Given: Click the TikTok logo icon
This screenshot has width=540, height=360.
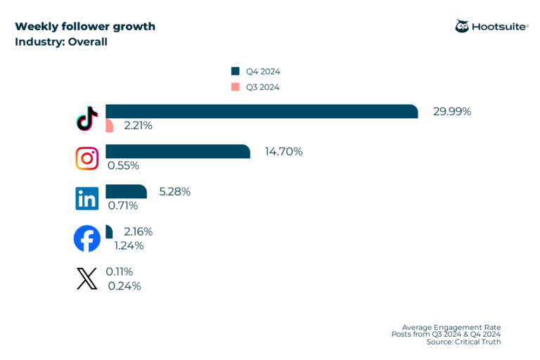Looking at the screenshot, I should tap(86, 119).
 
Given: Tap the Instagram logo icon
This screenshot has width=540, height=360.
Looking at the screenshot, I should tap(87, 159).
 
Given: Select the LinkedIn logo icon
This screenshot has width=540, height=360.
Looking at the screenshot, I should tap(87, 199).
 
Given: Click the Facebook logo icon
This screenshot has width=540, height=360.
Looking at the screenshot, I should tap(87, 239).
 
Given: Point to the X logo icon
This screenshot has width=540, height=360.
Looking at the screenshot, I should tap(87, 279).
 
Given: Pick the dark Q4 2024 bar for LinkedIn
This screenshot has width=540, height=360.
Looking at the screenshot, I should tap(126, 192).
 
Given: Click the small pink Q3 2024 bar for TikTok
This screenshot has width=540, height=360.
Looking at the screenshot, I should tap(109, 126).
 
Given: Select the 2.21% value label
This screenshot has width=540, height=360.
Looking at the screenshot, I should tap(138, 126).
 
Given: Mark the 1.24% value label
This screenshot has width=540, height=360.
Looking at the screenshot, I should tap(129, 245).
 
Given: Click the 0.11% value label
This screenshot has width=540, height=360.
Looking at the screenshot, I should tap(120, 271).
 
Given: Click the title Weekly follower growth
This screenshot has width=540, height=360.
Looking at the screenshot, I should tap(85, 27).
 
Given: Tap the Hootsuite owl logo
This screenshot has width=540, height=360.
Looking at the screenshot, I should tap(463, 27).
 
